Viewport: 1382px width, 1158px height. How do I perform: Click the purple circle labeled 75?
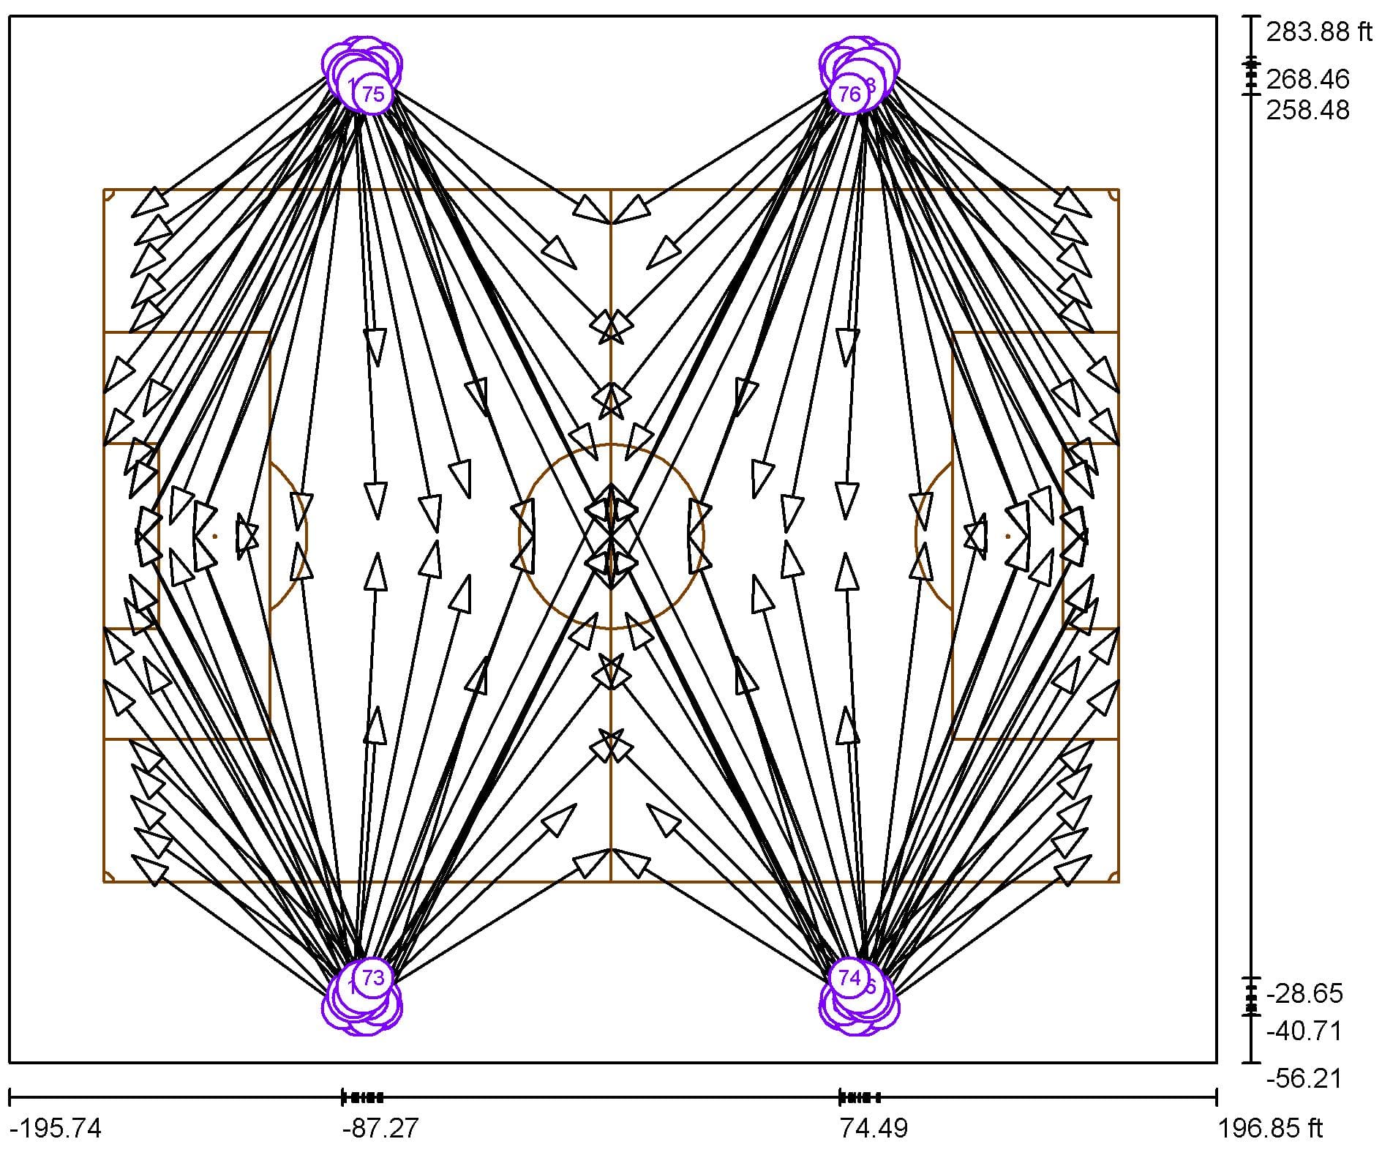pos(373,94)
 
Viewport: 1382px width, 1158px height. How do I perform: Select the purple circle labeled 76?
pos(849,94)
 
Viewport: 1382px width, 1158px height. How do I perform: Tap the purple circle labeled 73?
pos(373,977)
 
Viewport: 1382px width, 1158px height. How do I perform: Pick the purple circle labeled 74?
pos(849,977)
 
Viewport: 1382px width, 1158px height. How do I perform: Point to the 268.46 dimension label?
pos(1307,79)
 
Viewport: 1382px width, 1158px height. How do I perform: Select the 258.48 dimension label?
pos(1307,110)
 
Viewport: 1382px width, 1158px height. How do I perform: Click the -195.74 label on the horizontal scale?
pos(59,1128)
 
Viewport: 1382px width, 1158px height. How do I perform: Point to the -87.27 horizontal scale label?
pos(380,1128)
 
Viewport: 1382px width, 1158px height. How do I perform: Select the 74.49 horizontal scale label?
pos(873,1128)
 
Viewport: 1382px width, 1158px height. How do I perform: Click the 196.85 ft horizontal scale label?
pos(1270,1128)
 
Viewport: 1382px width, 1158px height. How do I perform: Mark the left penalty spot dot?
pos(214,536)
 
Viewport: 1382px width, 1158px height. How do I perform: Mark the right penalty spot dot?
pos(1007,536)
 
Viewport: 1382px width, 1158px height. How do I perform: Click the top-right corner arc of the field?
pos(1114,194)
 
